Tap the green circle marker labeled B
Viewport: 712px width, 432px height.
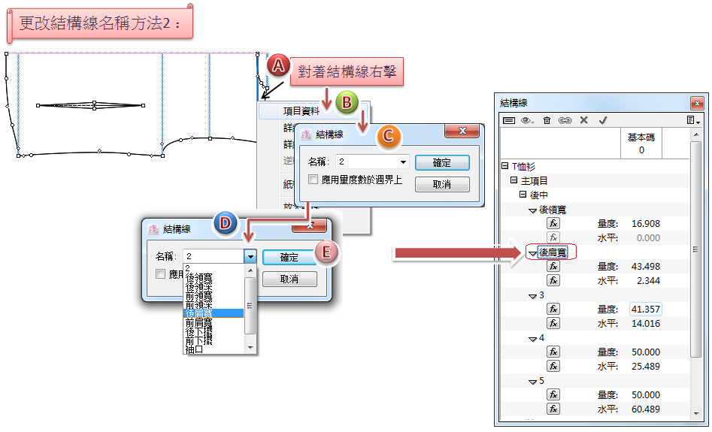tap(347, 104)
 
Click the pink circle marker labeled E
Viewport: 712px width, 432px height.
tap(326, 252)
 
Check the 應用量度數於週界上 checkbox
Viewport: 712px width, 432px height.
tap(314, 180)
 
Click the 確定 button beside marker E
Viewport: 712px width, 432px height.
tap(289, 257)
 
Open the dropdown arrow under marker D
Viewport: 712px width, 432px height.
tap(250, 257)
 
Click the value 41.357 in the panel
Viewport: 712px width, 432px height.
tap(646, 309)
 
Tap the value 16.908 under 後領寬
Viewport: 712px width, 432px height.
tap(646, 223)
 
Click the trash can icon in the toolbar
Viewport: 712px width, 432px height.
tap(547, 120)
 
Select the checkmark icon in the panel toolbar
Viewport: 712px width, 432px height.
tap(602, 120)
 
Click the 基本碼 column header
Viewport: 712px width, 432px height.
tap(641, 143)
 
